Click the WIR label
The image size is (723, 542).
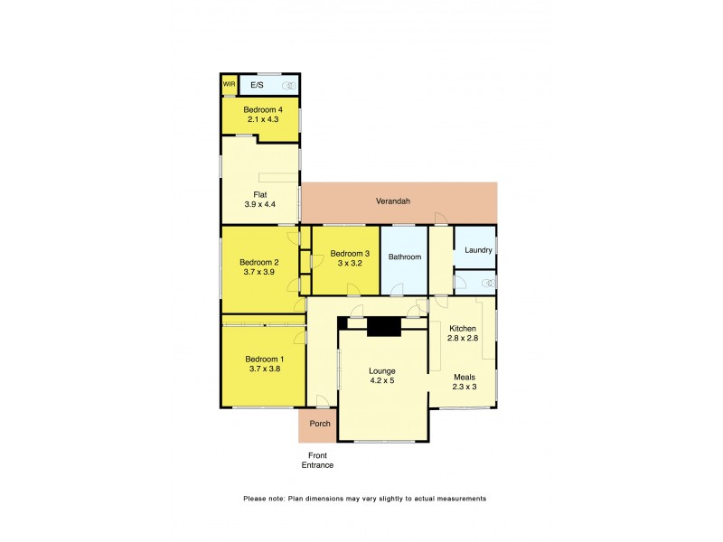click(229, 85)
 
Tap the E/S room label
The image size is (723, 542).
click(258, 85)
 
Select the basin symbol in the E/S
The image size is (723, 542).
click(288, 86)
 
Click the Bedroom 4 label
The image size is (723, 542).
click(261, 108)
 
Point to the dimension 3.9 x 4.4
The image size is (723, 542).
click(259, 205)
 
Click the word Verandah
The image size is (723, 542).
click(393, 201)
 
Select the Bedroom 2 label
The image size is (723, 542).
click(259, 263)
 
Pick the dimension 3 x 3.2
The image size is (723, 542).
click(349, 264)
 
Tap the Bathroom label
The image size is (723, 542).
click(404, 257)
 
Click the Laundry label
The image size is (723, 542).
click(477, 250)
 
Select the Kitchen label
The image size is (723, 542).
click(462, 328)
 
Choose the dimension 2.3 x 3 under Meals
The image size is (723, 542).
click(464, 387)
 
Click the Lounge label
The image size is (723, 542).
click(382, 370)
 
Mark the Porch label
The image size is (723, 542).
click(320, 424)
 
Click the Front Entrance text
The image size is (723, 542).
click(317, 460)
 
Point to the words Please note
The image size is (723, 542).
click(262, 499)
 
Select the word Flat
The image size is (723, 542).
click(259, 194)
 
